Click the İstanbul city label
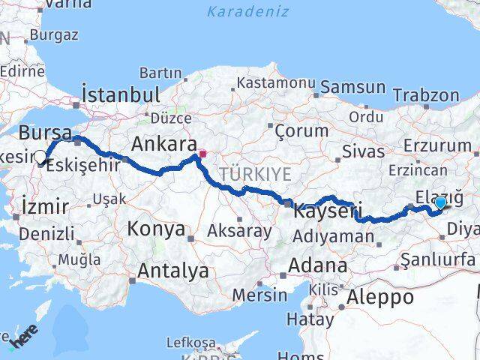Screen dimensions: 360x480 point(121,94)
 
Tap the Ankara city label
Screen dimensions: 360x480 point(164,143)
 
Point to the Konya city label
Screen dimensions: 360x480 point(157,229)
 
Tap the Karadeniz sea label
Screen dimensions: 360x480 point(237,11)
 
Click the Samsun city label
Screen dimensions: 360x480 point(350,88)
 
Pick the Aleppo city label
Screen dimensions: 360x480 point(379,297)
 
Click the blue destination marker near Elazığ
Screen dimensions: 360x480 point(440,202)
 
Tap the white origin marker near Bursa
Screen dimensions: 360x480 point(40,157)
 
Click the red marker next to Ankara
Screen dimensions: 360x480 point(202,154)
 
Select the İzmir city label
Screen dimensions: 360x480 point(46,205)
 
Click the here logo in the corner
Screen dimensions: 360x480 point(21,339)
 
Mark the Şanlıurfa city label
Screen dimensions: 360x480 point(439,259)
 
